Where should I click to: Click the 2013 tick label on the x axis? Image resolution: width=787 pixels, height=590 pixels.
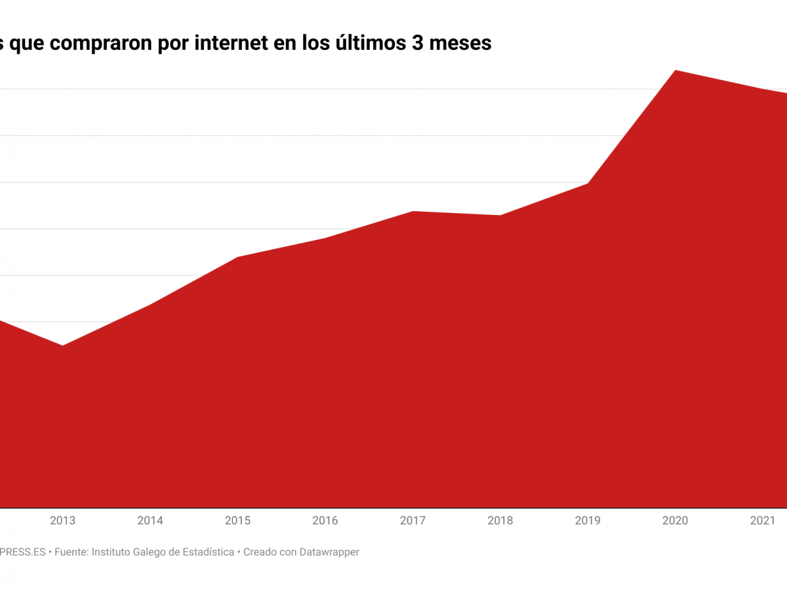tap(62, 521)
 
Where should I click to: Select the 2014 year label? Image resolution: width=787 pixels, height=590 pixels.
tap(150, 521)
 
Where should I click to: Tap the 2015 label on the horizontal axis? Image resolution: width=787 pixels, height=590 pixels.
tap(237, 521)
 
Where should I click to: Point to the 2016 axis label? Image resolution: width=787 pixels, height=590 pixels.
tap(325, 521)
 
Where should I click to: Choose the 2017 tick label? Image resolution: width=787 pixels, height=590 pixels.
tap(413, 521)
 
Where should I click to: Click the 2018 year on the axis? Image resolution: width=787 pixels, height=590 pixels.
tap(500, 521)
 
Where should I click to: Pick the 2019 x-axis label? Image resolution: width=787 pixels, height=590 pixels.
tap(588, 521)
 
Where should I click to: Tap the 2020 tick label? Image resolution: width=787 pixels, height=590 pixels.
tap(676, 521)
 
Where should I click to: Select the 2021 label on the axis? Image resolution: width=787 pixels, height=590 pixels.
tap(763, 521)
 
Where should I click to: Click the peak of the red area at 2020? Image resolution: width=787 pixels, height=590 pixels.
tap(676, 70)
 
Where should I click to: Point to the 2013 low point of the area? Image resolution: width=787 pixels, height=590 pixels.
tap(62, 345)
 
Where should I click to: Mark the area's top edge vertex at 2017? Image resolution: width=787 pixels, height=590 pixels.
tap(413, 211)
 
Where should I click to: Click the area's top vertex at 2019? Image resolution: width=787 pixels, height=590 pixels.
tap(588, 184)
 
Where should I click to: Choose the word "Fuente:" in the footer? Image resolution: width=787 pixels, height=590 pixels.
tap(71, 552)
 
